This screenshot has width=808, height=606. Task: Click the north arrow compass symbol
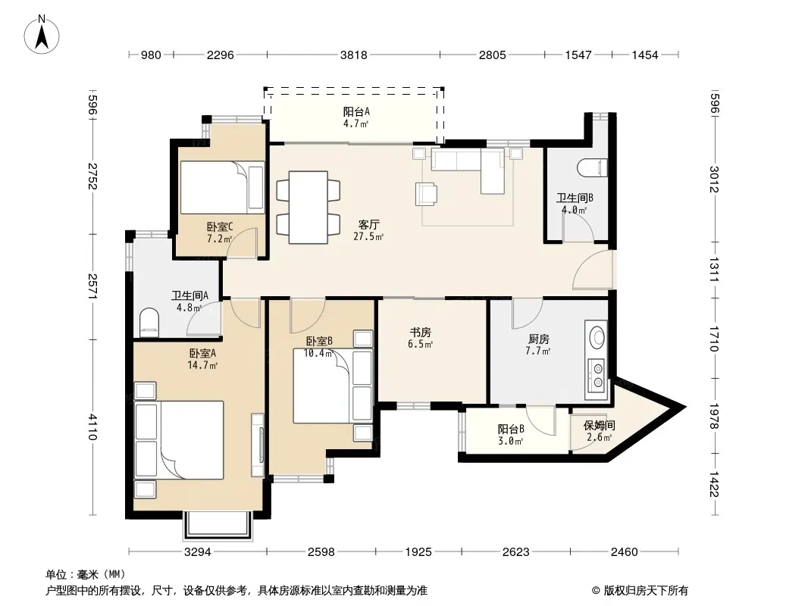[x=42, y=35]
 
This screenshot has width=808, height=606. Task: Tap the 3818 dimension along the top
[x=353, y=55]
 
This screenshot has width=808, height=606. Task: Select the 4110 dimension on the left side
[x=92, y=426]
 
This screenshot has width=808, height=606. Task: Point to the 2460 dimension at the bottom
[x=624, y=552]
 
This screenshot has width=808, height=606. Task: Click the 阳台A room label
[x=356, y=111]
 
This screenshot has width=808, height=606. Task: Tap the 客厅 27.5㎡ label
[x=368, y=230]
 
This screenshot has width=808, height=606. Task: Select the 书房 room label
[x=421, y=332]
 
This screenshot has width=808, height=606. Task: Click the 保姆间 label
[x=599, y=425]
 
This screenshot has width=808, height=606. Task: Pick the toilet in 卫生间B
[x=592, y=168]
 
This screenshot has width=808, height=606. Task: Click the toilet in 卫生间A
[x=149, y=322]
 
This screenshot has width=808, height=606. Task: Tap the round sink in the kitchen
[x=597, y=338]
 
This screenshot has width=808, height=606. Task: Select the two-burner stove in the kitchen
[x=597, y=375]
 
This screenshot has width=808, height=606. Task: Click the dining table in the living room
[x=308, y=207]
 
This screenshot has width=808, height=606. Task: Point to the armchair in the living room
[x=426, y=194]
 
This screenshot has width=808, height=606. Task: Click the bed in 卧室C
[x=222, y=187]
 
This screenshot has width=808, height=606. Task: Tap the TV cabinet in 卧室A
[x=258, y=445]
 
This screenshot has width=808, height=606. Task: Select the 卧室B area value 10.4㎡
[x=318, y=353]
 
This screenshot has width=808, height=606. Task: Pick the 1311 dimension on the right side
[x=714, y=270]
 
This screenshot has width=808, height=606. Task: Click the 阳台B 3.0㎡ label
[x=511, y=435]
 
